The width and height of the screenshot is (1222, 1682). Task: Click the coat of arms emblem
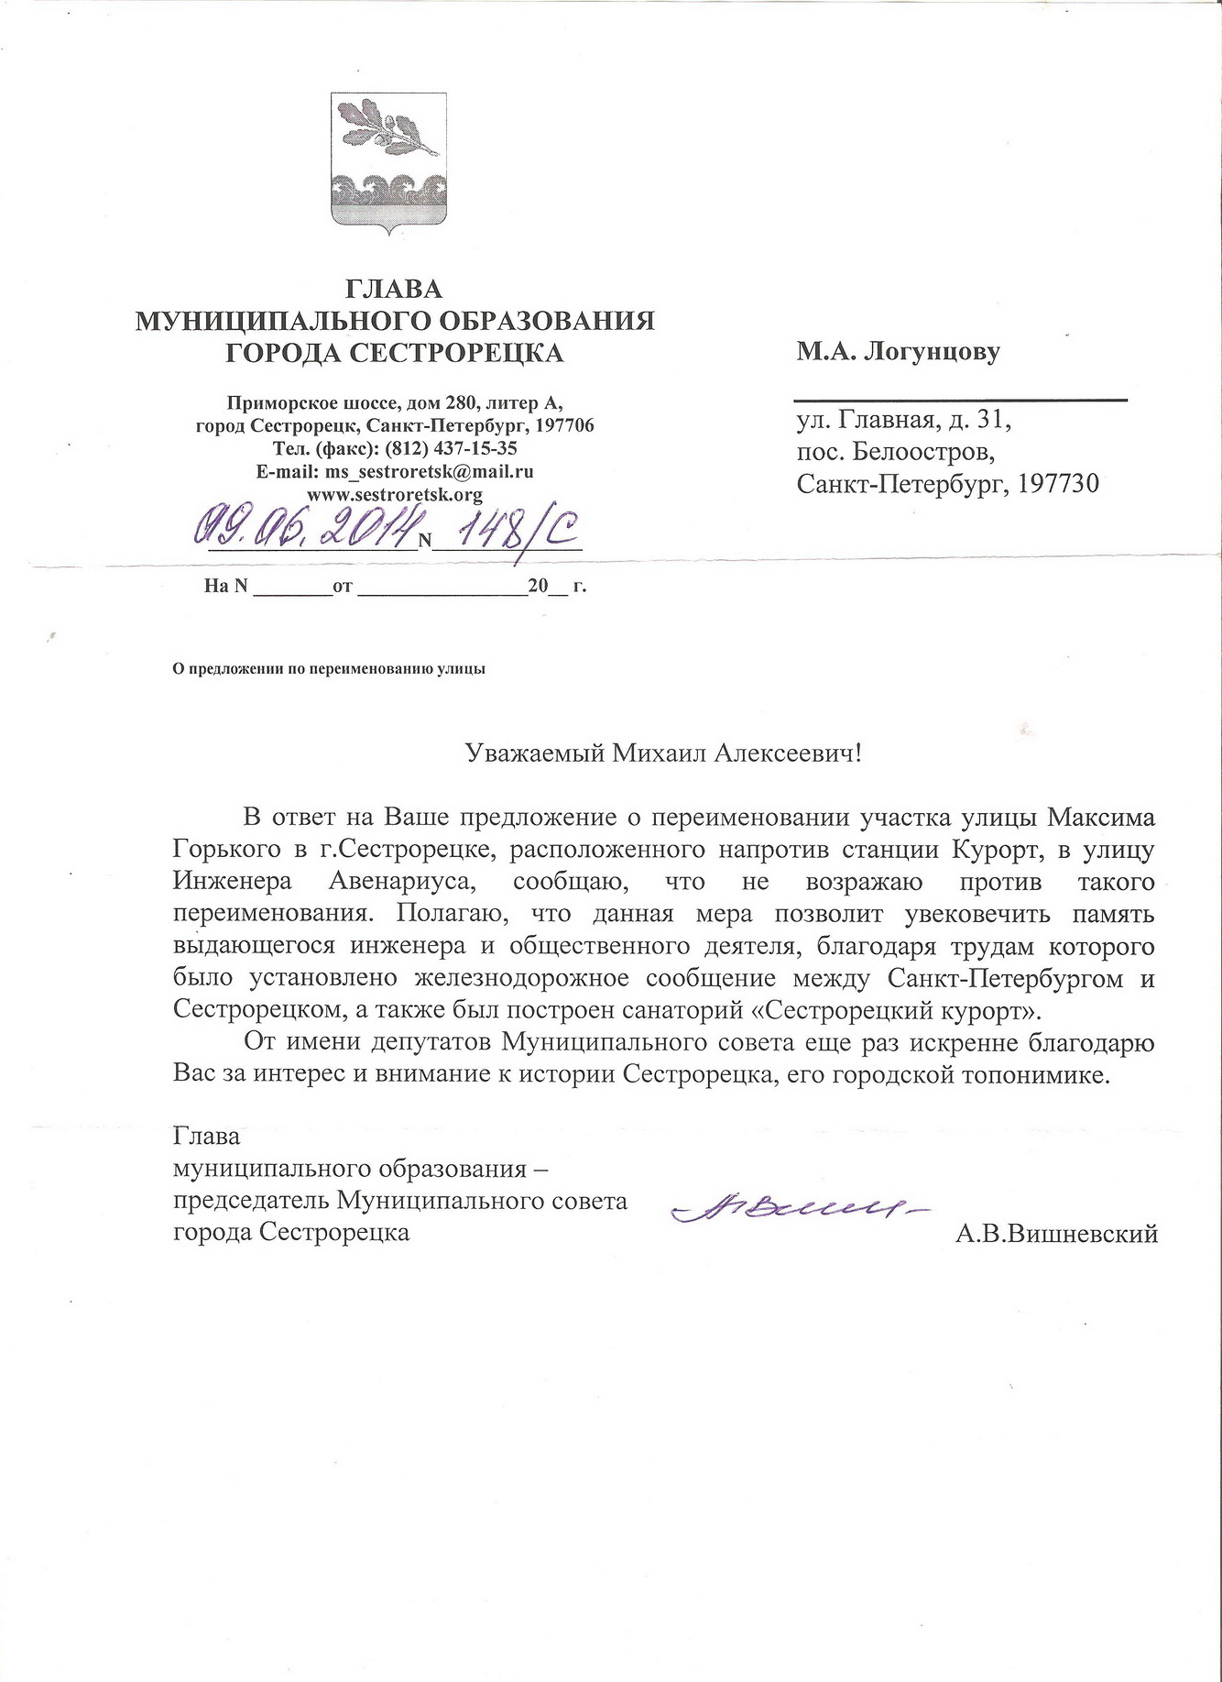tap(388, 163)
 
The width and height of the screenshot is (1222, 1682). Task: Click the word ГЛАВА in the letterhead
tap(394, 290)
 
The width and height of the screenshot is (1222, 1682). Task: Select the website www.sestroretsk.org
tap(395, 495)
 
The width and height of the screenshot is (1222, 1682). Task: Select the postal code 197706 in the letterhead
tap(562, 426)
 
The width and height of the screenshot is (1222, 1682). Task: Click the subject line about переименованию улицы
tap(329, 668)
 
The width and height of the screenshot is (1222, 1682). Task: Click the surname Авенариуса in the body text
tap(401, 883)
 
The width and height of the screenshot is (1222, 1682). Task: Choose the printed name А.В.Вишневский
tap(1056, 1234)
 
